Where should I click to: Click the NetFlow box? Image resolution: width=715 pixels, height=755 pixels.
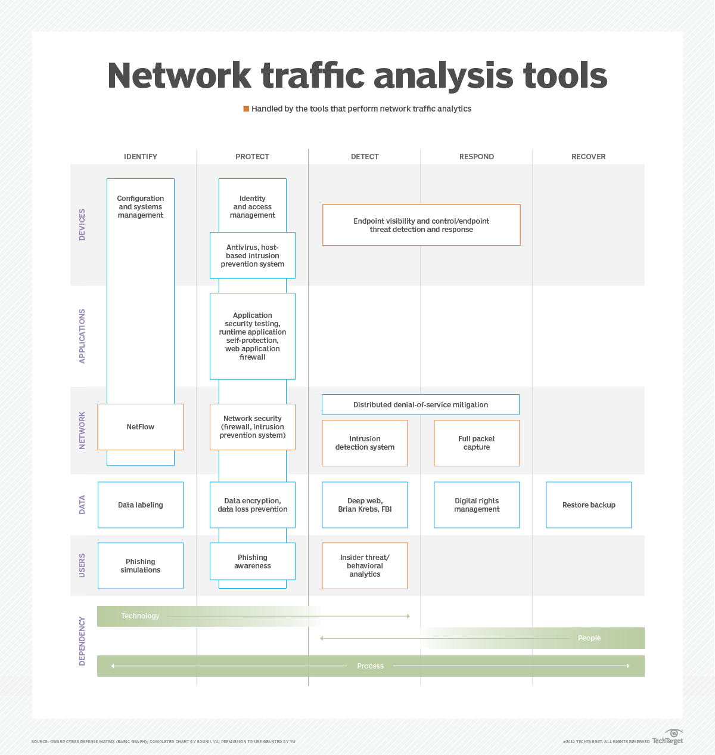[x=141, y=427]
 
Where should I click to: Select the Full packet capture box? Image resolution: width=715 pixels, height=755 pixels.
[x=477, y=443]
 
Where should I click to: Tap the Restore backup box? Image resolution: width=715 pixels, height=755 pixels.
[x=589, y=505]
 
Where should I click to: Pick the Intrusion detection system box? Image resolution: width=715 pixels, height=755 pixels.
[x=365, y=443]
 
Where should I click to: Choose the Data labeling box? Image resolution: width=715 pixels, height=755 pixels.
[x=141, y=505]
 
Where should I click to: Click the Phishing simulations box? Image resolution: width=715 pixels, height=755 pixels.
[x=141, y=566]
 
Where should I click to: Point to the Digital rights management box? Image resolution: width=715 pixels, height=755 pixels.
[x=477, y=505]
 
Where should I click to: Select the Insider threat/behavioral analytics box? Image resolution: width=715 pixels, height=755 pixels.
[x=365, y=566]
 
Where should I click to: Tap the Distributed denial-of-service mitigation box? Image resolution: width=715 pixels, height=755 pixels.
[x=421, y=405]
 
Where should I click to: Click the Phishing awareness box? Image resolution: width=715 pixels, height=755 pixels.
[x=253, y=562]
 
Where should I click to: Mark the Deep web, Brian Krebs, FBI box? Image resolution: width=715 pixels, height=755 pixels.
[x=365, y=505]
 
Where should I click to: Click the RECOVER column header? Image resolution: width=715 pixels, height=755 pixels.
[x=589, y=157]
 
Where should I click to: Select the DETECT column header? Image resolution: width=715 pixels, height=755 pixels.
[x=365, y=157]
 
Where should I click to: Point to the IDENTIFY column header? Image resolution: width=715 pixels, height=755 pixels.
[x=141, y=157]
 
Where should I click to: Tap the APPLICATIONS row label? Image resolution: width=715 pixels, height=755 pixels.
[x=82, y=336]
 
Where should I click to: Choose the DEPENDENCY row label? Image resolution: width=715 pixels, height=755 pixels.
[x=82, y=641]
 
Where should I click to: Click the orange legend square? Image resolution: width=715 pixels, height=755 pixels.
[x=246, y=109]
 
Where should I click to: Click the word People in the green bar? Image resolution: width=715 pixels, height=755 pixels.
[x=589, y=638]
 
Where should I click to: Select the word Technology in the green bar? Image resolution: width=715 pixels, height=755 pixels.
[x=140, y=616]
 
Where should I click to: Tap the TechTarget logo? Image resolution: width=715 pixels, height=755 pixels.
[x=669, y=737]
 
